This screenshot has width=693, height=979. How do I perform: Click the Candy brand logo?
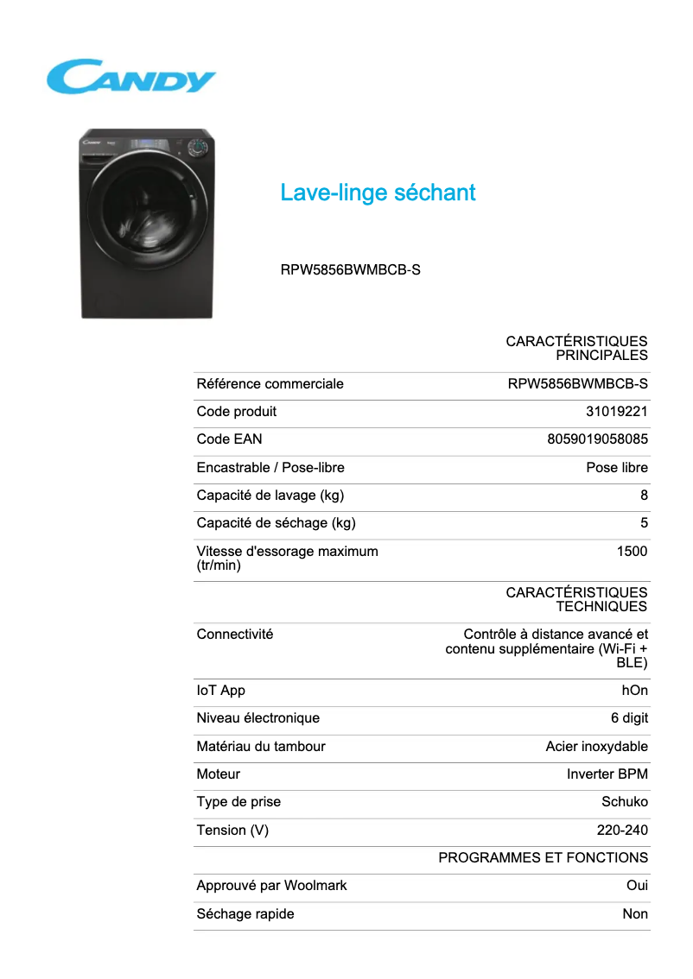coord(131,76)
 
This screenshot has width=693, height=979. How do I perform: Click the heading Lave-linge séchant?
coord(378,193)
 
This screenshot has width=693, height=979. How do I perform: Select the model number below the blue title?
coord(350,269)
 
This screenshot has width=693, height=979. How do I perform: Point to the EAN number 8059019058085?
coord(597,439)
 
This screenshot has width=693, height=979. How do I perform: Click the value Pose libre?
coord(616,468)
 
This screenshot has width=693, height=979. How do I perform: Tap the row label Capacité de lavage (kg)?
coord(270,496)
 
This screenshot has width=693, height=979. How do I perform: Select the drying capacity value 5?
coord(644,523)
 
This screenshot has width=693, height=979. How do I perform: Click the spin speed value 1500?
coord(632,551)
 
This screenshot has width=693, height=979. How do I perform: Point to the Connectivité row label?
coord(234,635)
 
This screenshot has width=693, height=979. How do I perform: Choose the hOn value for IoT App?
coord(634,691)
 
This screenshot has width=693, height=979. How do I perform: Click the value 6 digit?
coord(629,718)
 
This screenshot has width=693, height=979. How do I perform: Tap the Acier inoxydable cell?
coord(596,747)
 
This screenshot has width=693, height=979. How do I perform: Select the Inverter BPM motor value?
coord(607,774)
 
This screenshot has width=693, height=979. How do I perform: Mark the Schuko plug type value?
coord(624,802)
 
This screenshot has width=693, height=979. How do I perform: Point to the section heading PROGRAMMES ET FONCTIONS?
coord(543,858)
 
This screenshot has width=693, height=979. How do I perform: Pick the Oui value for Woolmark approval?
coord(637,886)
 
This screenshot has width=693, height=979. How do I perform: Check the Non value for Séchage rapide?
coord(635,914)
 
